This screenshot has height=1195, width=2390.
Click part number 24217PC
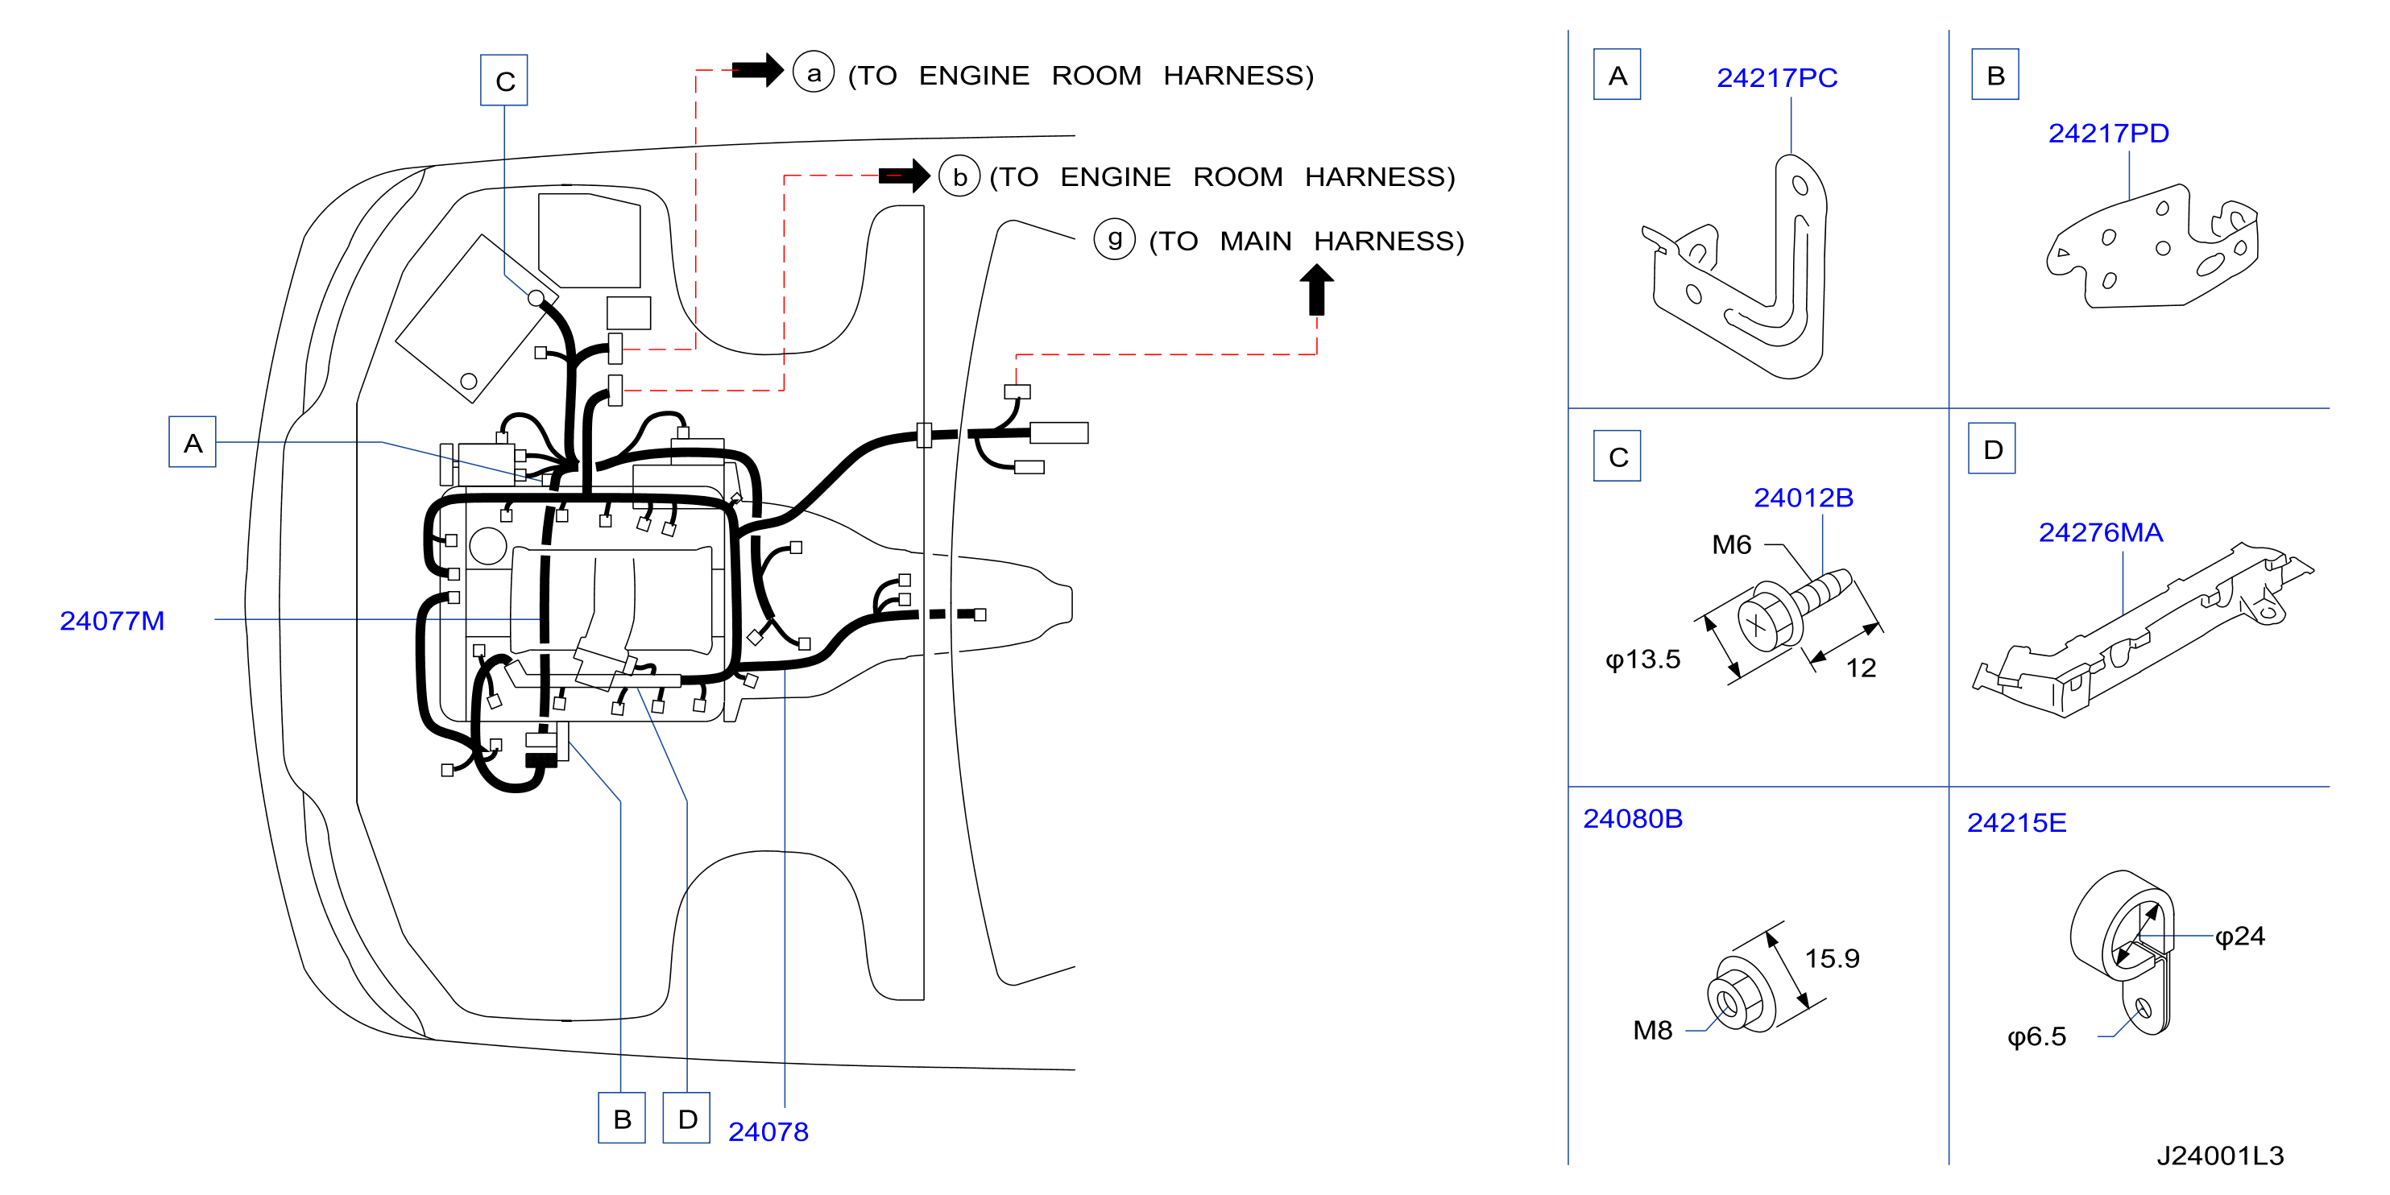coord(1777,78)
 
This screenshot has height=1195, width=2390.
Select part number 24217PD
coord(2108,134)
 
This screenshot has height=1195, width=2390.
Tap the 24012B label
coord(1803,498)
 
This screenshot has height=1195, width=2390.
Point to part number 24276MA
coord(2101,532)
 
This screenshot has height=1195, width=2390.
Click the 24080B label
coord(1632,819)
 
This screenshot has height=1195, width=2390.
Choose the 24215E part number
coord(2016,823)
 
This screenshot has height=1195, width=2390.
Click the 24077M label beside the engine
coord(112,621)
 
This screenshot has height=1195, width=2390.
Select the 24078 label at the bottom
coord(768,1132)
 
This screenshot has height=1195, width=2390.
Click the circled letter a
coord(814,72)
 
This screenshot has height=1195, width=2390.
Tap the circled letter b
coord(959,176)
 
